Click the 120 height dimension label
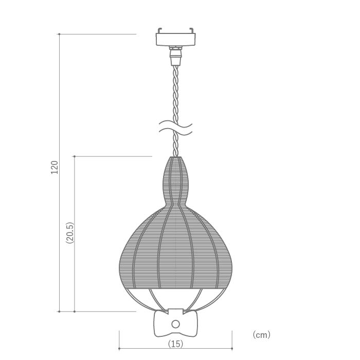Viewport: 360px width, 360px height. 55,167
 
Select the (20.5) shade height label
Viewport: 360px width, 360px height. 70,232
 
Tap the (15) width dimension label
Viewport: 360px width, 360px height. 176,344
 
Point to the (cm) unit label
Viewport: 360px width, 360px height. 261,335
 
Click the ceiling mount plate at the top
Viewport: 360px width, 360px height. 176,39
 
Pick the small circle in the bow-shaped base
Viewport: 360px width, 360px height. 176,324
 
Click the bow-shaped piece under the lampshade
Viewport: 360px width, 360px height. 176,323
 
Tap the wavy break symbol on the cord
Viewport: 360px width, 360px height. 176,128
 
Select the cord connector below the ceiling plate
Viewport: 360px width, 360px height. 176,56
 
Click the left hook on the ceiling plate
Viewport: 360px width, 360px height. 160,30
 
